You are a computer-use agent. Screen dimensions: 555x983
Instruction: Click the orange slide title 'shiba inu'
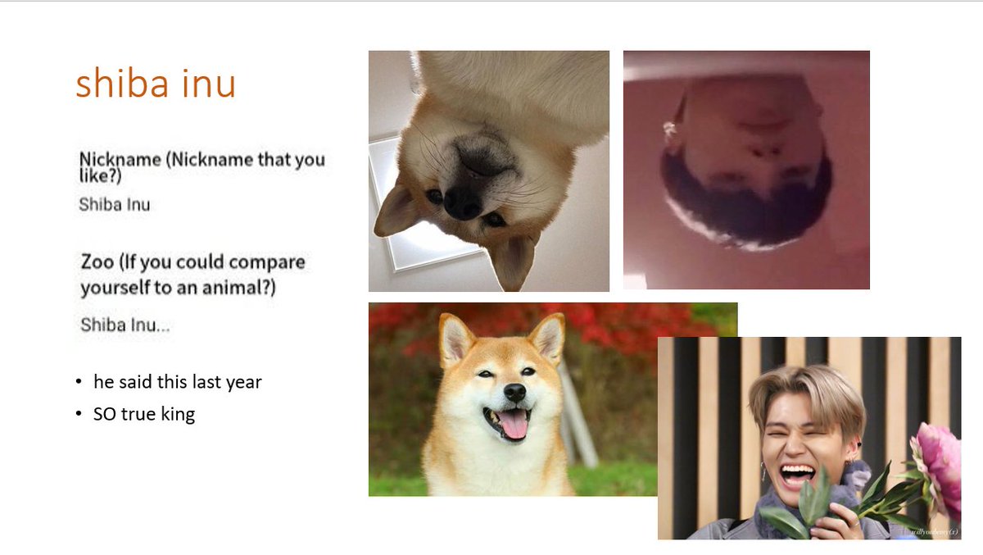156,84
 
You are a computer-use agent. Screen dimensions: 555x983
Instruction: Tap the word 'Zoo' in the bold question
97,262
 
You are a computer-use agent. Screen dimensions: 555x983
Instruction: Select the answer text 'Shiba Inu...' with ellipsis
125,325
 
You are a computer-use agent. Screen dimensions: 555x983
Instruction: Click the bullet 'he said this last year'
177,382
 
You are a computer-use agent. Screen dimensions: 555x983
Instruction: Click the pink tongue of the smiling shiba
513,425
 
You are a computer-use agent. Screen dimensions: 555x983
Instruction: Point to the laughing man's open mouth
797,475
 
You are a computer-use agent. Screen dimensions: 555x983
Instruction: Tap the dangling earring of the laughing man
763,473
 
